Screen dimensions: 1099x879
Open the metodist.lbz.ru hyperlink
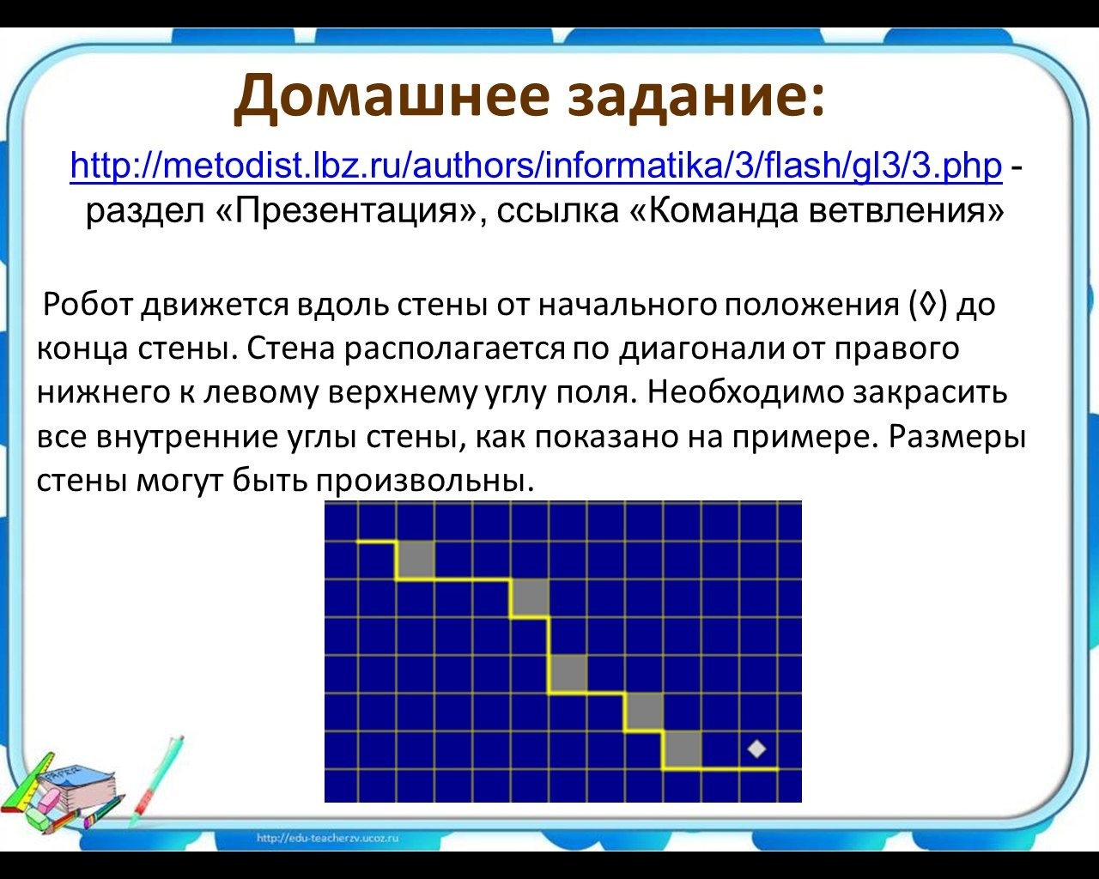[536, 166]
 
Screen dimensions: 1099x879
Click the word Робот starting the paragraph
[88, 306]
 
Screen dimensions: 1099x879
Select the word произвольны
[425, 481]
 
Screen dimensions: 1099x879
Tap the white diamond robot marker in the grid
[756, 749]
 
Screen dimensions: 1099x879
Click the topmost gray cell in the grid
[416, 561]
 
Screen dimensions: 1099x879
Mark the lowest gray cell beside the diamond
[682, 749]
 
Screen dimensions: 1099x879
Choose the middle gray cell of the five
[568, 674]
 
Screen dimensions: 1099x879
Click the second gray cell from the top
[530, 598]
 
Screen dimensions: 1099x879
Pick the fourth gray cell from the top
[643, 712]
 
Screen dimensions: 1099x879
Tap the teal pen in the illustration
[155, 779]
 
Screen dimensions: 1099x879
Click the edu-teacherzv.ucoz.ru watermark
[327, 838]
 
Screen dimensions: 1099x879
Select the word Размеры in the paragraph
[956, 437]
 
